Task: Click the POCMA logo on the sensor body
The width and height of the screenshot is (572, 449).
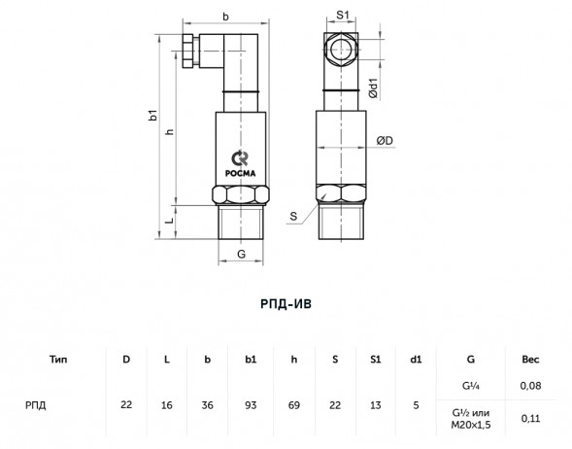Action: pos(241,163)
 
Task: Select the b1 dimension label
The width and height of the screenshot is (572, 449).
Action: pos(154,115)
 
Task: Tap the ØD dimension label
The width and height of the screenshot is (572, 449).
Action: pos(385,141)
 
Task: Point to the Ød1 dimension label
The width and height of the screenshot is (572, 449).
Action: pos(374,88)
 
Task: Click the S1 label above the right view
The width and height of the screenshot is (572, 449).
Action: pos(342,15)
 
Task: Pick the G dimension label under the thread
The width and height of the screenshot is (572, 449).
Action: pos(241,254)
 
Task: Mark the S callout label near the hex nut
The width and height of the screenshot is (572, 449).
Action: pos(293,217)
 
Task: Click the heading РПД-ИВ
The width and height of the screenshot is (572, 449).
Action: pos(286,304)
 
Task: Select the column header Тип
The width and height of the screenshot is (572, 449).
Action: pos(58,360)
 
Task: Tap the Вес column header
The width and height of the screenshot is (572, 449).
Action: pos(530,360)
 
